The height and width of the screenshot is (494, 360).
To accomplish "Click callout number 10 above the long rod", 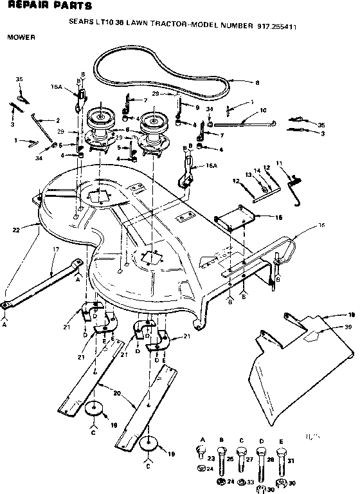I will tap(263, 111).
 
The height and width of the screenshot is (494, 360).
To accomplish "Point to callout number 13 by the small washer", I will tap(248, 174).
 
